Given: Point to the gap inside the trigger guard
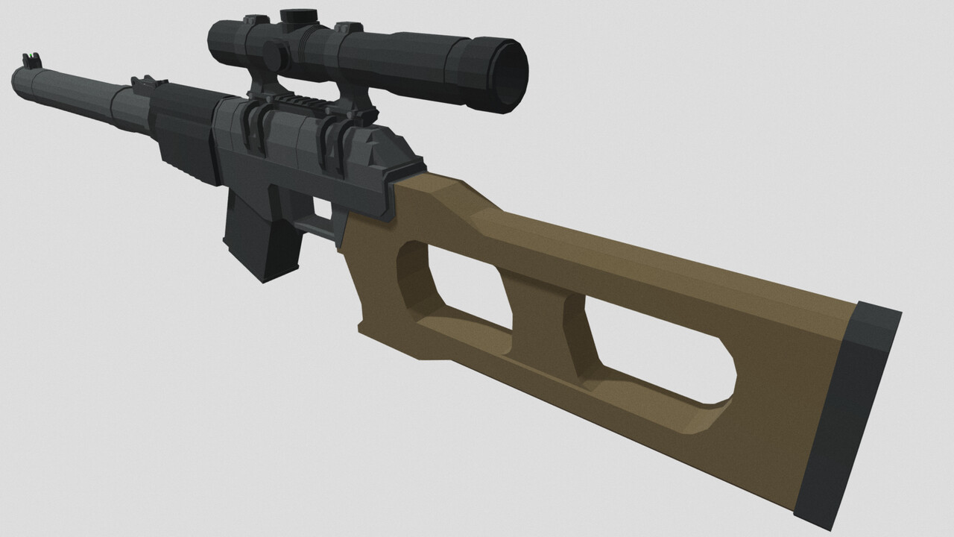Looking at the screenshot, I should (x=321, y=207).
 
